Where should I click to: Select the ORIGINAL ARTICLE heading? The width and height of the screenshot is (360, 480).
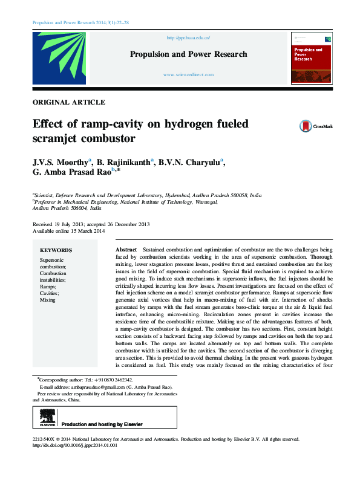[x=69, y=103]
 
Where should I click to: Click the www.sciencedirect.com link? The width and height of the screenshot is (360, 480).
[x=188, y=74]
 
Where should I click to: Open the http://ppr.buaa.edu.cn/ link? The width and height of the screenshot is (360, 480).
[x=188, y=37]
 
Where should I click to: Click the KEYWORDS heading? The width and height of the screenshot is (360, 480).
[x=56, y=250]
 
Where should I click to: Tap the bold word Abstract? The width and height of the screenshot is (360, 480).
[x=126, y=249]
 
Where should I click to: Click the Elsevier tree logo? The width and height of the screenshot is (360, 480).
[x=47, y=417]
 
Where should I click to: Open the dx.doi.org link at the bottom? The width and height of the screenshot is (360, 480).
[x=74, y=445]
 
